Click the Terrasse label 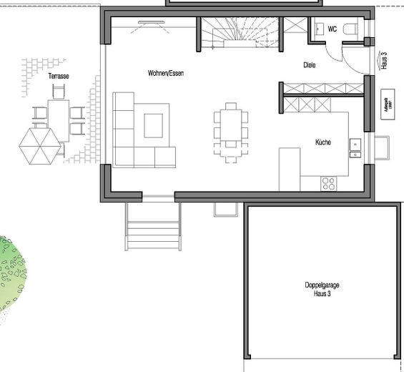[x=58, y=75]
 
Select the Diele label [x=310, y=65]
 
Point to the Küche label [x=322, y=142]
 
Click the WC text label [x=332, y=29]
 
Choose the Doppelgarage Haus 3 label [x=321, y=288]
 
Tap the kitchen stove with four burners [x=329, y=183]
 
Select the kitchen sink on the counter [x=355, y=147]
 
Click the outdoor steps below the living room [x=152, y=227]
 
